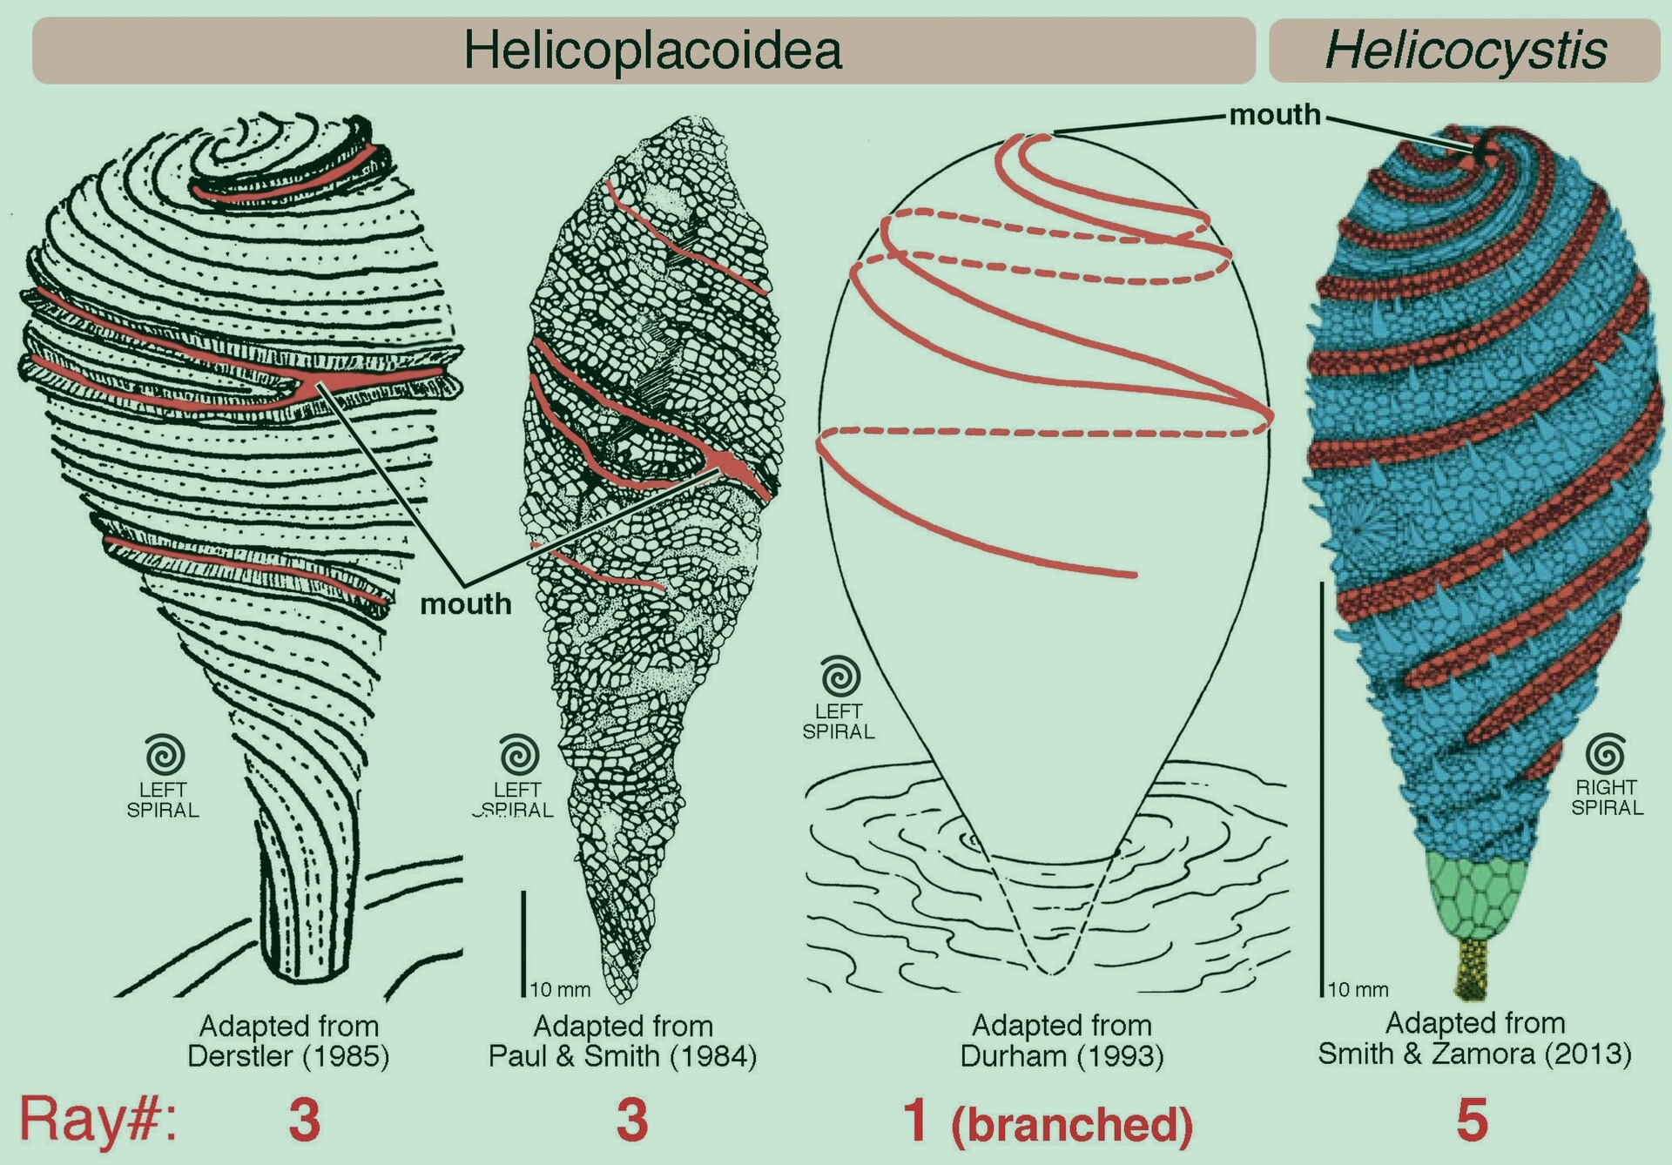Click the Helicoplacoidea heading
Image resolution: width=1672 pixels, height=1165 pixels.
[653, 50]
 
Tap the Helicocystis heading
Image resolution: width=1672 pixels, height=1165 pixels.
[1466, 51]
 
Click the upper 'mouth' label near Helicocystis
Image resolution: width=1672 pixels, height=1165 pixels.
[1275, 114]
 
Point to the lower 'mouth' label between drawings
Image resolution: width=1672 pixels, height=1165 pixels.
[466, 603]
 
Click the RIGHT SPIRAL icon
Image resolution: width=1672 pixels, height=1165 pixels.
[1607, 754]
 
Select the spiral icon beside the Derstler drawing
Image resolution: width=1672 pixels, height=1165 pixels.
[165, 756]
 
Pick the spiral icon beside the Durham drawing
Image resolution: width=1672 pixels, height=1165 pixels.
[839, 677]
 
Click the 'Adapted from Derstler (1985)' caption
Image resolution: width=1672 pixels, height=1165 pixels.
[289, 1040]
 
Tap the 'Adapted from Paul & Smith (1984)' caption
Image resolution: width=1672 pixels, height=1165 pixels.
[623, 1040]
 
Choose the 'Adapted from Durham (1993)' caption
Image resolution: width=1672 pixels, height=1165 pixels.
[1062, 1040]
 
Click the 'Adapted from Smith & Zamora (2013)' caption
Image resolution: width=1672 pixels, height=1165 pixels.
[1474, 1038]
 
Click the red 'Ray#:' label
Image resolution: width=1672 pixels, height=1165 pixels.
[98, 1120]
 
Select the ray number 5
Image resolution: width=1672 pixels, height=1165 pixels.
[1472, 1120]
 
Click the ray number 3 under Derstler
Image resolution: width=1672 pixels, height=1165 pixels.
[305, 1120]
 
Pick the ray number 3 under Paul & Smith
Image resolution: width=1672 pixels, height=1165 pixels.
[632, 1120]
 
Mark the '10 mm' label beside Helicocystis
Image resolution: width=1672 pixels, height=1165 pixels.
[1358, 990]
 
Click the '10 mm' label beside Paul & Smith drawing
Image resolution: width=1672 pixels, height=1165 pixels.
[561, 990]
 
